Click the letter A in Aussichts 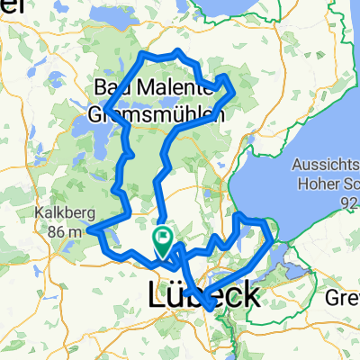click(x=297, y=166)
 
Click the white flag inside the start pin click(x=164, y=238)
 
